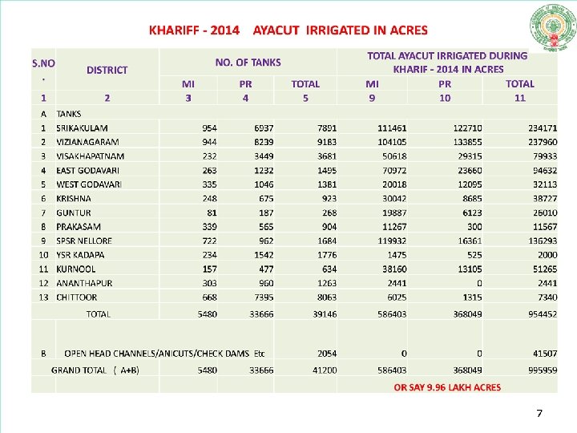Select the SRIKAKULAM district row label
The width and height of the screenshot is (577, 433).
[x=82, y=127]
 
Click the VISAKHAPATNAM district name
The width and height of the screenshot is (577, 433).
[x=90, y=156]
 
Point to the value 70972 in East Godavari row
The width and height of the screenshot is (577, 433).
[x=394, y=170]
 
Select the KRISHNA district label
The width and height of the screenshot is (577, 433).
[x=74, y=198]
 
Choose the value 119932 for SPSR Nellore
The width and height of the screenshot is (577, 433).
[x=392, y=241]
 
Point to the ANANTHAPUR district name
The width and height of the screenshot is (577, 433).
[x=84, y=282]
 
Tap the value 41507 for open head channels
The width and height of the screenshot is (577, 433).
[x=544, y=353]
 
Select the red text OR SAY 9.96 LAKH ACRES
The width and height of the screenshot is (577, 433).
[x=447, y=387]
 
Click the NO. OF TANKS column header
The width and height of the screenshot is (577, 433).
[x=248, y=62]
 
